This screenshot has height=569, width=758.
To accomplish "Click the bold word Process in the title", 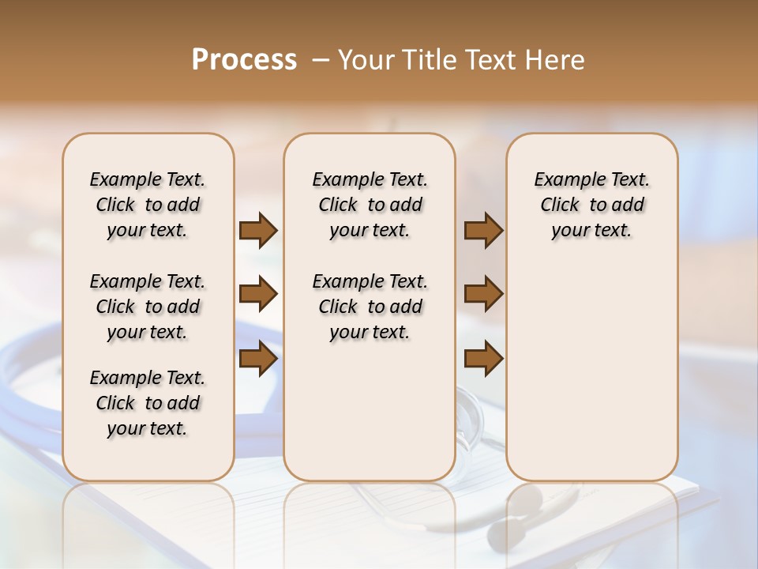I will [x=244, y=60].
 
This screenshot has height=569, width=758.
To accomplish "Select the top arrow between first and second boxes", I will [x=258, y=230].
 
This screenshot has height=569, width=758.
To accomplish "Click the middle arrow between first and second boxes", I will [x=258, y=295].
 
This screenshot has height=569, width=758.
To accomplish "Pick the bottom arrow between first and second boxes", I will [x=258, y=359].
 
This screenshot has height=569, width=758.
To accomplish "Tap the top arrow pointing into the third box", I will [x=483, y=230].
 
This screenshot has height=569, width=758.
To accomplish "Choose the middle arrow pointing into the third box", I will [x=483, y=295].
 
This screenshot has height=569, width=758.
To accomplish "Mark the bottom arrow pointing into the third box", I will [x=483, y=359].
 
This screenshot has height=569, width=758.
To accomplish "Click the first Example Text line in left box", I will [x=148, y=179].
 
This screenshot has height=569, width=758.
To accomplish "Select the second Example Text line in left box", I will [x=148, y=281].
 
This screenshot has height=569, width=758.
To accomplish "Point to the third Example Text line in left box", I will [x=148, y=378].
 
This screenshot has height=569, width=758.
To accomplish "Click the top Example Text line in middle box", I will [x=370, y=179].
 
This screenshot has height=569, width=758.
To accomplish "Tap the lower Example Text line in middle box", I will [x=370, y=281].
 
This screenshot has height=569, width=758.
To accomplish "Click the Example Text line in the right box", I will [x=592, y=179].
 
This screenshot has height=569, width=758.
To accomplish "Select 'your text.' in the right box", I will [x=592, y=231].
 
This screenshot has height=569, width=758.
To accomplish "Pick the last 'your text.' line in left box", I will [x=148, y=429].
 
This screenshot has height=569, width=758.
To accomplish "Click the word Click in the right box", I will [x=560, y=205].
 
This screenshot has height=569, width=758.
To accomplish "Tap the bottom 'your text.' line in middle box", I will [x=370, y=333].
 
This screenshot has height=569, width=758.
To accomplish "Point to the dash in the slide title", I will [x=320, y=60].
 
